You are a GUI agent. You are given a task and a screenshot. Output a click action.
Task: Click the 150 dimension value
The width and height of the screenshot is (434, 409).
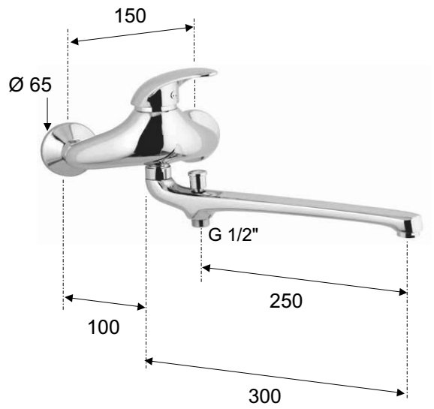(130, 16)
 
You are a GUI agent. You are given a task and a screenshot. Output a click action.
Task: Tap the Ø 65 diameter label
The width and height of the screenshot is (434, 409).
(31, 84)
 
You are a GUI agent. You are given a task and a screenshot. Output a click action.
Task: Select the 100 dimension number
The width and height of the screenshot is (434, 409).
(104, 327)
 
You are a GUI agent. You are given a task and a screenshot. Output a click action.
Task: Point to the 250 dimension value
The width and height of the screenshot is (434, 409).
(286, 301)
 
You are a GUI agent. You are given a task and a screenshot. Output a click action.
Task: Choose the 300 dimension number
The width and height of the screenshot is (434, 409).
(265, 396)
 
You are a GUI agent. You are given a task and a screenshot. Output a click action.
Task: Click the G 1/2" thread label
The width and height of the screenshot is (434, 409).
(233, 235)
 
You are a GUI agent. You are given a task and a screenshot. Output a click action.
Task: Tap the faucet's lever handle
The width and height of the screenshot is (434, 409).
(173, 88)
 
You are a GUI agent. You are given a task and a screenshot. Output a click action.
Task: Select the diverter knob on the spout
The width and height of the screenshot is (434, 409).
(197, 181)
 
